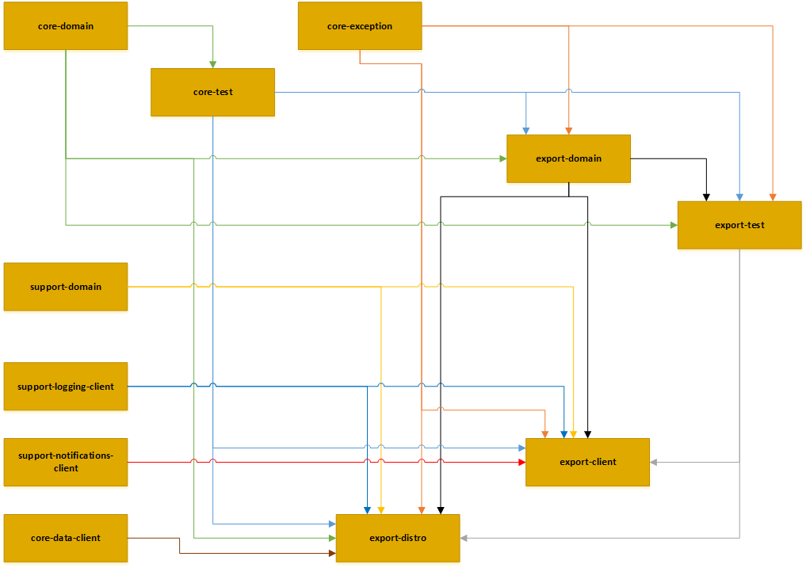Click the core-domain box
click(66, 26)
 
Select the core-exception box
click(360, 26)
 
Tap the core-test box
click(212, 92)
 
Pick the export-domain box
click(568, 158)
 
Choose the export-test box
click(739, 225)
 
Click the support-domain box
click(66, 286)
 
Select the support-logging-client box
click(66, 387)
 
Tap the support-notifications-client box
click(66, 462)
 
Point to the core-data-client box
click(66, 538)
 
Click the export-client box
click(587, 462)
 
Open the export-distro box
click(398, 538)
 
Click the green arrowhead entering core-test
click(212, 64)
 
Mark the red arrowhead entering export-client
click(521, 462)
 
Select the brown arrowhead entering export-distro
click(332, 552)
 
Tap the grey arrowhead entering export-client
click(654, 462)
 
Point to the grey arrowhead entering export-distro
click(464, 538)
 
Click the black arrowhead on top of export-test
click(706, 196)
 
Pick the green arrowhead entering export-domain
click(502, 158)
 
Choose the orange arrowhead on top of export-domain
click(568, 130)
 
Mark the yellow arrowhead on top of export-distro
click(381, 509)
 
